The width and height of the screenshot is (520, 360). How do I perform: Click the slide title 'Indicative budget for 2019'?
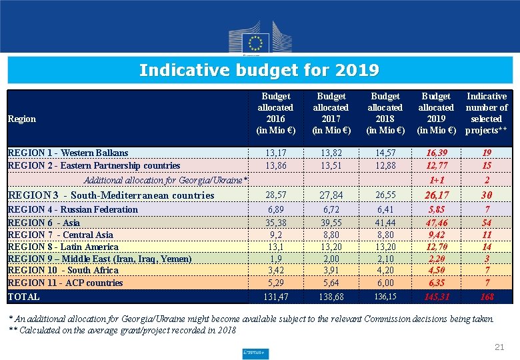(x=259, y=70)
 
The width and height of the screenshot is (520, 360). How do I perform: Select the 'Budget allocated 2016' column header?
(x=275, y=113)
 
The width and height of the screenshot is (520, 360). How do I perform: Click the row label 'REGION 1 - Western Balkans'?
(x=67, y=153)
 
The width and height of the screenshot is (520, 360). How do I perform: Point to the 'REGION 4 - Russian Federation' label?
(x=72, y=209)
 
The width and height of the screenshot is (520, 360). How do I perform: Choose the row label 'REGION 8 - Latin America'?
(x=63, y=247)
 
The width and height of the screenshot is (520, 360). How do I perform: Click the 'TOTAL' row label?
(x=23, y=297)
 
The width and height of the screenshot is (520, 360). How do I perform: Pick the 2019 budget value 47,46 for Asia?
(x=436, y=223)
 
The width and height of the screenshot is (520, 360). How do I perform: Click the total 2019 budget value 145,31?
(x=436, y=297)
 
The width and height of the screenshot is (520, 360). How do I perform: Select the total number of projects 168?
(x=487, y=297)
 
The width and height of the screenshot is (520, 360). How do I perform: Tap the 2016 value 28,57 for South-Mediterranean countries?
(x=275, y=195)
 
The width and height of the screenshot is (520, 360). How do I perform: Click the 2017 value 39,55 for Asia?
(x=331, y=223)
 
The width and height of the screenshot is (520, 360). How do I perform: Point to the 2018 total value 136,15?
(x=385, y=297)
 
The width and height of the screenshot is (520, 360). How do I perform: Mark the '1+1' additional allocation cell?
(x=437, y=180)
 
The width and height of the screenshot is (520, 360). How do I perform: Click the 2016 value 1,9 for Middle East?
(x=275, y=259)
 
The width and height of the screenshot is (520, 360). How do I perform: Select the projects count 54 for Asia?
(x=487, y=223)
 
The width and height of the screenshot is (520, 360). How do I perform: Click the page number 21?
(x=499, y=347)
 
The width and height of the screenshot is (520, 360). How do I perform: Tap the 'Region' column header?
(x=21, y=119)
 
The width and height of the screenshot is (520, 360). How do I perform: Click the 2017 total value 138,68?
(x=331, y=297)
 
